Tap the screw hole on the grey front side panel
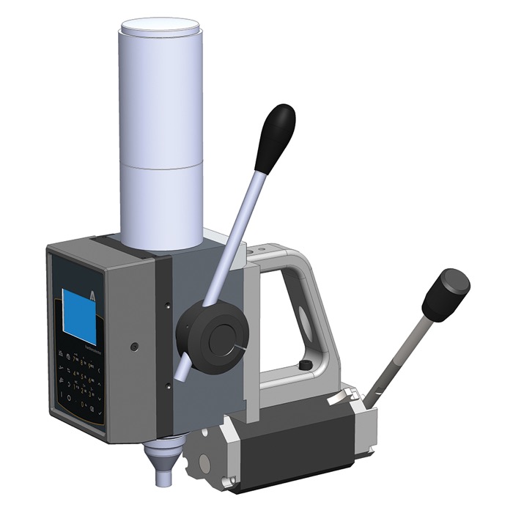pyautogui.click(x=134, y=344)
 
